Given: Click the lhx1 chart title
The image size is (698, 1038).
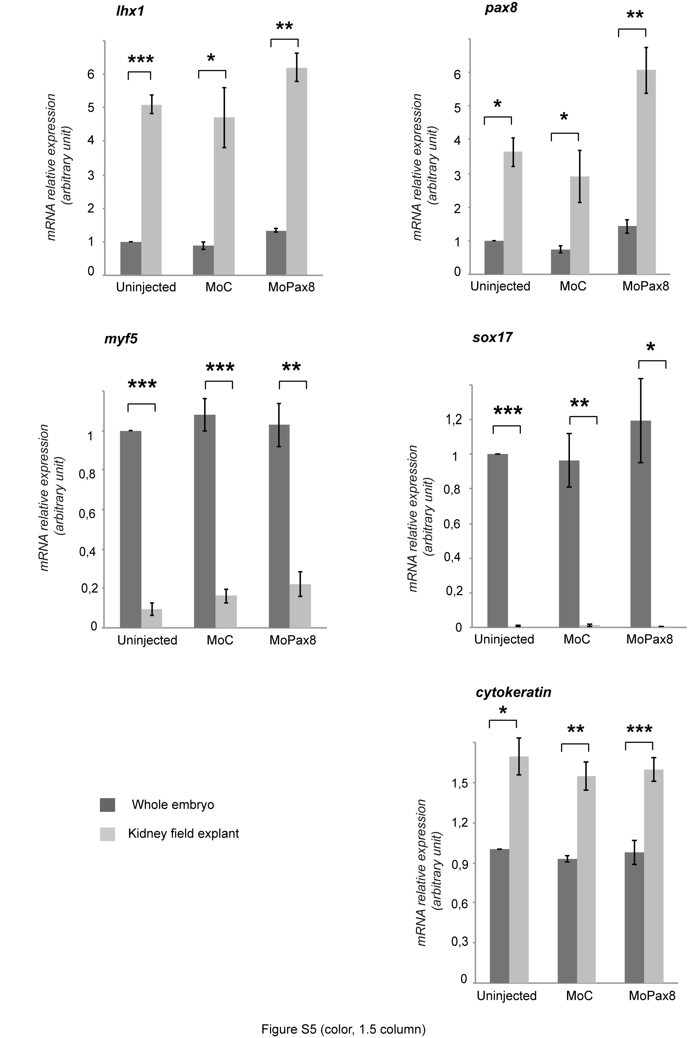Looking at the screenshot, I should tap(130, 11).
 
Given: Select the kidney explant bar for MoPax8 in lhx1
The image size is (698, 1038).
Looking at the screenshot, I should tap(297, 171).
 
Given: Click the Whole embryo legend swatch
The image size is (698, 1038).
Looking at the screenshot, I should tap(107, 805).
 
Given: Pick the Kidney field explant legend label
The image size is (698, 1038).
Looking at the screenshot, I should tap(183, 834).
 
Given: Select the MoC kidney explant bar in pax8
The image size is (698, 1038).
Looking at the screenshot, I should tap(580, 225).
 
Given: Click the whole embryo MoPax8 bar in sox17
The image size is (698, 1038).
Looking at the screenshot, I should tap(641, 524).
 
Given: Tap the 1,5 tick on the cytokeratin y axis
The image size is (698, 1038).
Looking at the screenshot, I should tap(457, 783).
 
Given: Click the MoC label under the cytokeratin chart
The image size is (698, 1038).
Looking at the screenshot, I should tap(579, 995).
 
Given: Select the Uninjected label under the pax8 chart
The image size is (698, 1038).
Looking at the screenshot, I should tap(500, 286).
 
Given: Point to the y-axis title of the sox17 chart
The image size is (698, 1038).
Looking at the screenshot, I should tap(421, 518).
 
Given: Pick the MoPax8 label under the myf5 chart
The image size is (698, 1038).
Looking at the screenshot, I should tap(293, 640).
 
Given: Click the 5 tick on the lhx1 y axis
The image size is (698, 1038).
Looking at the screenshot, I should tap(91, 108).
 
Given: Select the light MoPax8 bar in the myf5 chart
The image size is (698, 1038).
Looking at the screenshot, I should tap(300, 606).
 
